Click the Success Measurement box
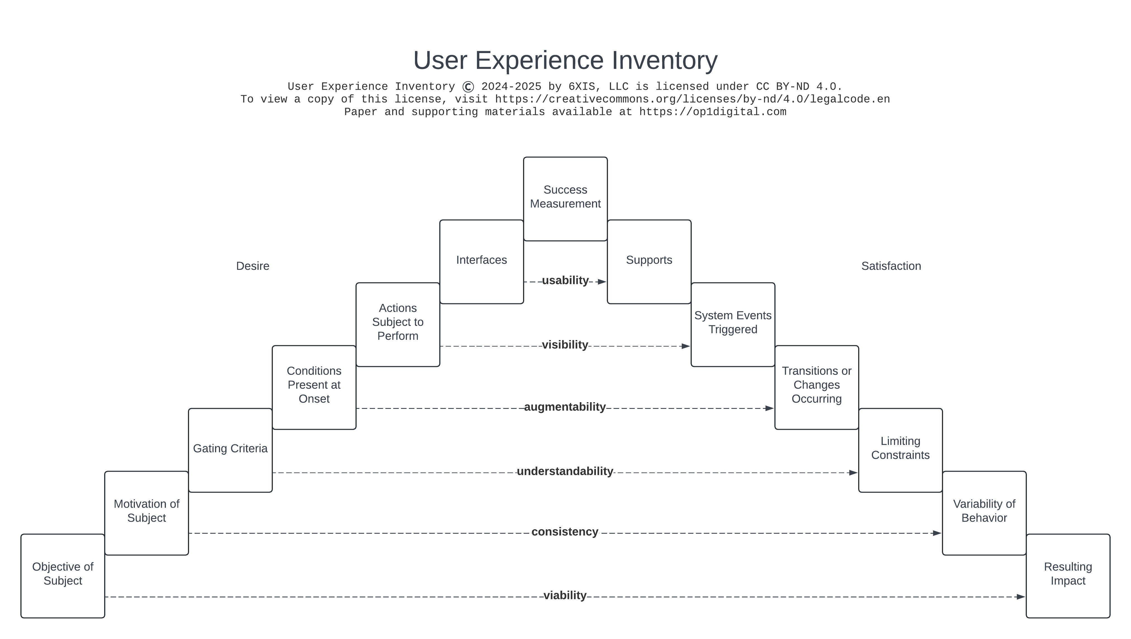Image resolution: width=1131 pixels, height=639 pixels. [x=565, y=199]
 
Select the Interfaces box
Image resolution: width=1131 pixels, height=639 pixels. [x=481, y=262]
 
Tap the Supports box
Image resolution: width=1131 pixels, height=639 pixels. [x=649, y=262]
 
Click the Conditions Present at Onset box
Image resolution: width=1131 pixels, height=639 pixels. [x=314, y=387]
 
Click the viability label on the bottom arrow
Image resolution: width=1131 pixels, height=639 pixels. [x=565, y=595]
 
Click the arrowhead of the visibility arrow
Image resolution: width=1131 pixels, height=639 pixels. [x=685, y=346]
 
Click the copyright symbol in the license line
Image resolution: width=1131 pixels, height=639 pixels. [x=468, y=87]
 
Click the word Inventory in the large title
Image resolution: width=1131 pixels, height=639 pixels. [x=664, y=60]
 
